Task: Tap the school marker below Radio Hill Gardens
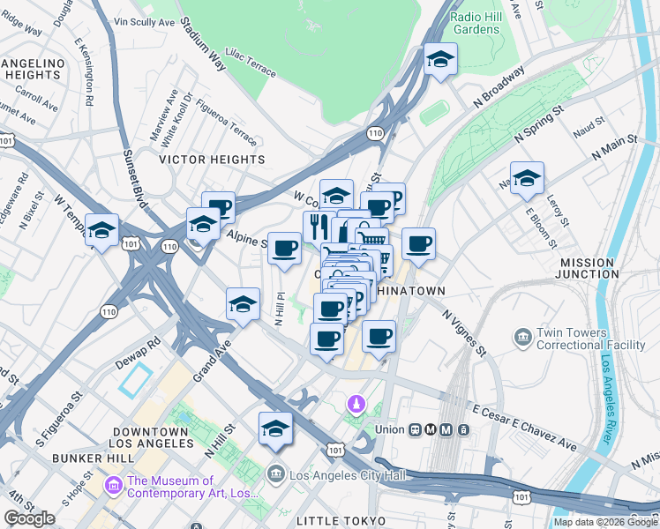[x=439, y=60]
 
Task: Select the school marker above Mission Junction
[x=527, y=179]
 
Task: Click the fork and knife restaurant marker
[x=318, y=225]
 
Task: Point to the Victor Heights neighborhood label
[x=211, y=160]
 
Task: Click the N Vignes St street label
[x=465, y=332]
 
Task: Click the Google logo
[x=29, y=518]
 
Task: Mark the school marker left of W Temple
[x=102, y=231]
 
